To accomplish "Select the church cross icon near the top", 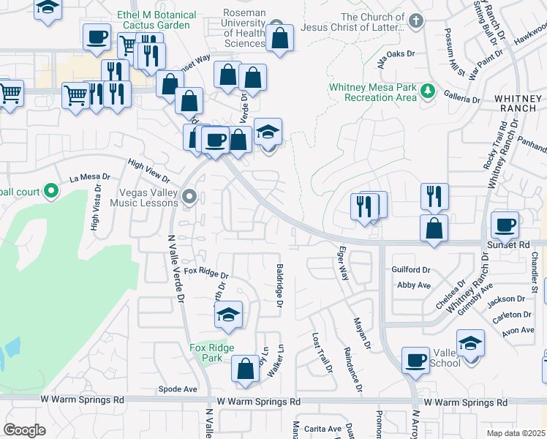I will point(415,20).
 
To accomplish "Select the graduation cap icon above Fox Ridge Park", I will point(228,315).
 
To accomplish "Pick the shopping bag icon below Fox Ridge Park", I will point(245,369).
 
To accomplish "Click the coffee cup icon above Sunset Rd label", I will point(505,225).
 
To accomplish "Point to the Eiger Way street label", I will point(342,268).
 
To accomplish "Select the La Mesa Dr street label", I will point(89,177).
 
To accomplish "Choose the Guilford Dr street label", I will point(412,269).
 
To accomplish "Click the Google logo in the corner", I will point(24,430).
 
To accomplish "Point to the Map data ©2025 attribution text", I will point(516,433).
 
